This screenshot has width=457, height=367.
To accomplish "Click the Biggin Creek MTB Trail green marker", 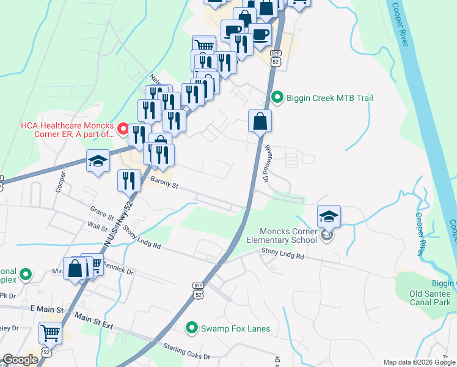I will point(277,98).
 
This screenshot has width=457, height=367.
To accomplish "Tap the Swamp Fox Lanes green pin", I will point(192,328).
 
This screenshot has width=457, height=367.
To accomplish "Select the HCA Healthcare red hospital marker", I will point(122,129).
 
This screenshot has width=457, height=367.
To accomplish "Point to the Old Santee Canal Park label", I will point(430,298).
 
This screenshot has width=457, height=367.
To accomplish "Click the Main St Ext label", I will point(94,321).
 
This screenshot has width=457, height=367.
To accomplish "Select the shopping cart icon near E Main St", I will point(50,333).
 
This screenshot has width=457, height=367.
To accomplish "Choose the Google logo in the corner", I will point(21,360).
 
